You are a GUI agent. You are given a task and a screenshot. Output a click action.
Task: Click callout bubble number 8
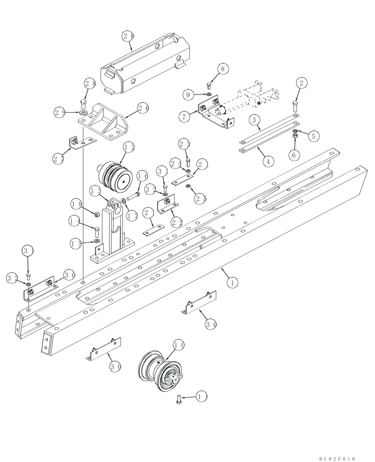coord(223,69)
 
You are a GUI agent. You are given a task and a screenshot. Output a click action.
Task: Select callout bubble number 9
coord(188,95)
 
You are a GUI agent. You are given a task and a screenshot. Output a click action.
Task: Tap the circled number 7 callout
coord(185,116)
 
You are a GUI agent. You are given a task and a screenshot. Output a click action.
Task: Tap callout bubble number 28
coord(90,84)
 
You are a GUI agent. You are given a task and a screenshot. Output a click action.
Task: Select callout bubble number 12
coord(129,147)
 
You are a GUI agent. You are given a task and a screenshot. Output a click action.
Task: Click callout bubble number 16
coord(142,176)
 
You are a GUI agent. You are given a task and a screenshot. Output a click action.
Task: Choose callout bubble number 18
coord(77,204)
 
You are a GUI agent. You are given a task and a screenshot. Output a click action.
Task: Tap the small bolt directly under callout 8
coord(210,85)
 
